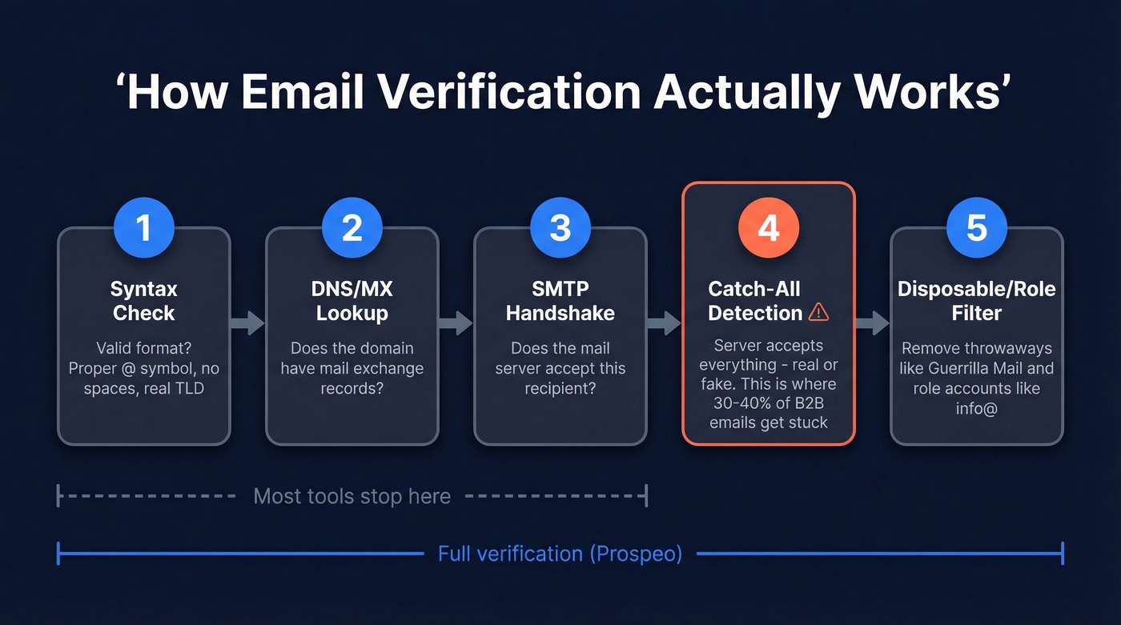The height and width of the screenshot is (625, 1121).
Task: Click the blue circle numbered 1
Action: coord(144,229)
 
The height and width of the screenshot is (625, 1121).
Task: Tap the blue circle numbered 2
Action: coord(352,229)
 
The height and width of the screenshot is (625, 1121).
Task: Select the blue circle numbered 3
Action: coord(560,229)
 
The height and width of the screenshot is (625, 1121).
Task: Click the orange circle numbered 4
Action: coord(769,229)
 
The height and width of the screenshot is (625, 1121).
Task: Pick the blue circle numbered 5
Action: coord(977,229)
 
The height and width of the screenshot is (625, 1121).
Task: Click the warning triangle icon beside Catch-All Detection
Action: coord(818,312)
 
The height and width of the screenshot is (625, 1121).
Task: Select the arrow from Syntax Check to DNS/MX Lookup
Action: coord(248,323)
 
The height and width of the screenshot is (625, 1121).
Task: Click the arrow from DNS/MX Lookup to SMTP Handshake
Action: coord(456,323)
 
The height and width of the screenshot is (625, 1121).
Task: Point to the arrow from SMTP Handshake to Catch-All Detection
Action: coord(665,323)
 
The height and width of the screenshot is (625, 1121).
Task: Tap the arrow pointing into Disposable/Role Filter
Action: coord(873,323)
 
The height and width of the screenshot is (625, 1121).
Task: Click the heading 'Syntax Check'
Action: coord(144,300)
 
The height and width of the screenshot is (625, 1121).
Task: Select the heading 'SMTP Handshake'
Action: coord(560,300)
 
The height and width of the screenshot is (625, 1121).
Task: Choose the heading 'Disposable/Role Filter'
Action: coord(977,300)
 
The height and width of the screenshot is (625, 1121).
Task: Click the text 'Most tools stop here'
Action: coord(352,496)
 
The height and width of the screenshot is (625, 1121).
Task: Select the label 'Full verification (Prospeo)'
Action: coord(560,554)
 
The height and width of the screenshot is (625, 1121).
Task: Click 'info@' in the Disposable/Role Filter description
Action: coord(977,407)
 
